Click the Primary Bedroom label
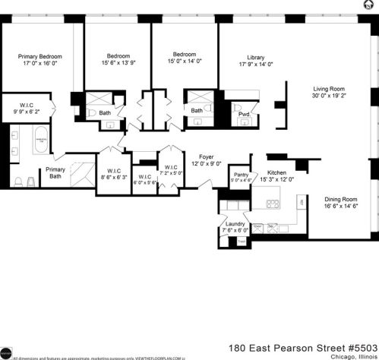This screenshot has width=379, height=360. click(39, 56)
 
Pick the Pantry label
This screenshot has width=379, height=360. click(242, 174)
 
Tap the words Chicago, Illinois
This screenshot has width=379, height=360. click(350, 355)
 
